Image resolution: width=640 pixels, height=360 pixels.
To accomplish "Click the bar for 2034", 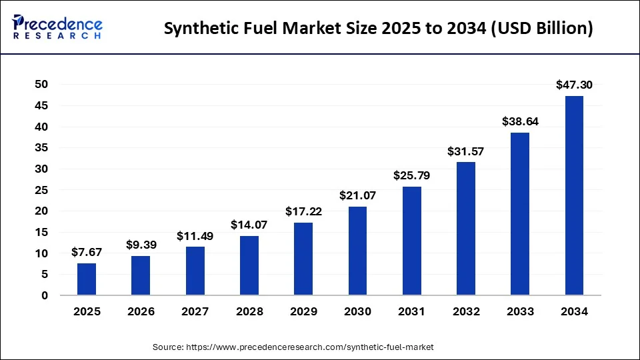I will [x=574, y=195].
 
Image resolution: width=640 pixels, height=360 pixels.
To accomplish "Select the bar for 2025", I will [x=87, y=279].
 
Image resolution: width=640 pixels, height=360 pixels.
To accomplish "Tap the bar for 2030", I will [x=357, y=251].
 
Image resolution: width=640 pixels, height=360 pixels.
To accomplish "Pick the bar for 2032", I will [x=466, y=229].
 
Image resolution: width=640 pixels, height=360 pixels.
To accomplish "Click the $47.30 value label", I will [x=574, y=85].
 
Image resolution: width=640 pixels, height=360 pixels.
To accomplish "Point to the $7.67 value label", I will [x=87, y=252].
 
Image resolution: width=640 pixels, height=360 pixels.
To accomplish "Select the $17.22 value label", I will [x=303, y=211].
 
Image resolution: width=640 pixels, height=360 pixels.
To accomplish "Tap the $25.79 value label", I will [x=411, y=175].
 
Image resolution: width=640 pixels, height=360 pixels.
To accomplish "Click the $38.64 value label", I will [x=520, y=121].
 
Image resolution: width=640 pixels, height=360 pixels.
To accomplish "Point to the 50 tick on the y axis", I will [x=41, y=84].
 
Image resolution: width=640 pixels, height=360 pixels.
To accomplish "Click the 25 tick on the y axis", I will [x=41, y=190].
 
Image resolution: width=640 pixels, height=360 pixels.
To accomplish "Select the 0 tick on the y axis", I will [x=45, y=295].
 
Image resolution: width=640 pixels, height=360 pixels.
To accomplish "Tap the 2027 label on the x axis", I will [x=195, y=311].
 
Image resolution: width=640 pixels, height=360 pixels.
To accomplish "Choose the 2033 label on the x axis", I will [x=520, y=311].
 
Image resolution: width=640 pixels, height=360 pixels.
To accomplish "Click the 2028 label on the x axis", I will [x=249, y=311].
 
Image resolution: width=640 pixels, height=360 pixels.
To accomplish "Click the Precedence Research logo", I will [x=57, y=27].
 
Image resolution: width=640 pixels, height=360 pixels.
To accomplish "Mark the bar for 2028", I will [x=249, y=265].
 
